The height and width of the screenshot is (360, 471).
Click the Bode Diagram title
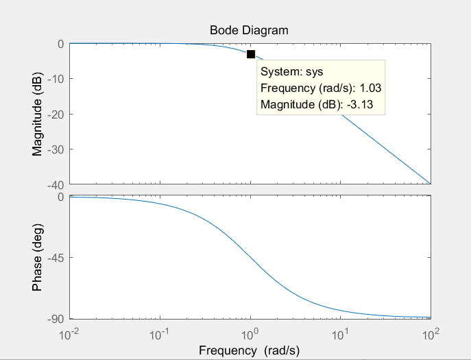click(249, 30)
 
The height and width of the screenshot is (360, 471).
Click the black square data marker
click(251, 54)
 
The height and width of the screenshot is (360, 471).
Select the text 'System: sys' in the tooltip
click(291, 71)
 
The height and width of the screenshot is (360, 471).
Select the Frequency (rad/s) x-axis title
click(250, 350)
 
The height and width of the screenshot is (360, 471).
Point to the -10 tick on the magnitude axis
click(55, 79)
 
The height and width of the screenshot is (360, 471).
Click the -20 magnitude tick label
click(55, 114)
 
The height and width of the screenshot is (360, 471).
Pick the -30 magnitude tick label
click(55, 149)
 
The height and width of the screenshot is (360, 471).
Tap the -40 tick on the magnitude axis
click(55, 184)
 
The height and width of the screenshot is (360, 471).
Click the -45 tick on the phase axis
click(55, 258)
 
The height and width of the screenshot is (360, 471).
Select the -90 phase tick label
click(55, 319)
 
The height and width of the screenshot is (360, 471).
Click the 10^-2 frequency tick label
click(70, 335)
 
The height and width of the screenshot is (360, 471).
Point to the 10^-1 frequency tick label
click(160, 335)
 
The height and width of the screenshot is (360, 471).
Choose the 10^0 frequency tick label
click(250, 335)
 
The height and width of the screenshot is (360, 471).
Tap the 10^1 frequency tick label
click(341, 335)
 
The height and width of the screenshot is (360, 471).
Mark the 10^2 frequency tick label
click(431, 335)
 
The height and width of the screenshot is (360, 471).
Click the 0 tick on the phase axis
click(61, 197)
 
